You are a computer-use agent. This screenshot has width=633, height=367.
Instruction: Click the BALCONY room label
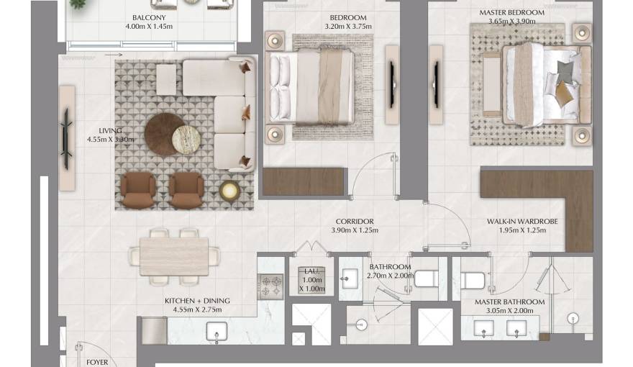149,18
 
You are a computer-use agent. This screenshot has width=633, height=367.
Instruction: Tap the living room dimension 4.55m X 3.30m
110,140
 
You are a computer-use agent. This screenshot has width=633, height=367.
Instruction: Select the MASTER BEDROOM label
511,13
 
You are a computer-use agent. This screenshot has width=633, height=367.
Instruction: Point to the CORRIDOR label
354,222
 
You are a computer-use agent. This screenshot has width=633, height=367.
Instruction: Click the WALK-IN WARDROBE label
522,222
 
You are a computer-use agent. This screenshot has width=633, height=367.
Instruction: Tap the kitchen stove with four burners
271,286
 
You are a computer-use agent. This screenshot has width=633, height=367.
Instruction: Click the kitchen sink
217,332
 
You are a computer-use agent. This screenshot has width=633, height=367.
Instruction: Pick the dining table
174,255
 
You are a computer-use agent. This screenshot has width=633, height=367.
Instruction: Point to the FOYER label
97,362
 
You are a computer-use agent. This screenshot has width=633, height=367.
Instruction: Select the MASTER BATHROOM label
509,302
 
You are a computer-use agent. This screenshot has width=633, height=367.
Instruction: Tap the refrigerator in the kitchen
154,331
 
